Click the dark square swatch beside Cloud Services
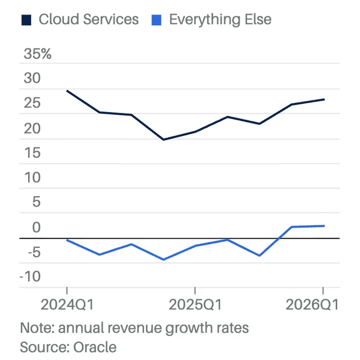[x=26, y=21]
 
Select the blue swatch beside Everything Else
[x=156, y=21]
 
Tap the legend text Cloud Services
[x=88, y=20]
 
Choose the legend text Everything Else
[x=220, y=20]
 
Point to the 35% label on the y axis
[x=38, y=54]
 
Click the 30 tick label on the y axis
[x=32, y=78]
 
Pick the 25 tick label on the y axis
[x=32, y=103]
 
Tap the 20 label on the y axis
[x=32, y=128]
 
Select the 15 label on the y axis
[x=32, y=153]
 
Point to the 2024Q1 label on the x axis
[x=67, y=305]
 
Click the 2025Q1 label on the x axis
[x=195, y=305]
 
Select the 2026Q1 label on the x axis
[x=311, y=305]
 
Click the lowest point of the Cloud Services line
[x=163, y=140]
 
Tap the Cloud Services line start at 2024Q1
[x=67, y=91]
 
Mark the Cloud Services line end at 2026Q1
[x=324, y=100]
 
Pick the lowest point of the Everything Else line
[x=163, y=260]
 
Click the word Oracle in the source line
[x=95, y=347]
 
